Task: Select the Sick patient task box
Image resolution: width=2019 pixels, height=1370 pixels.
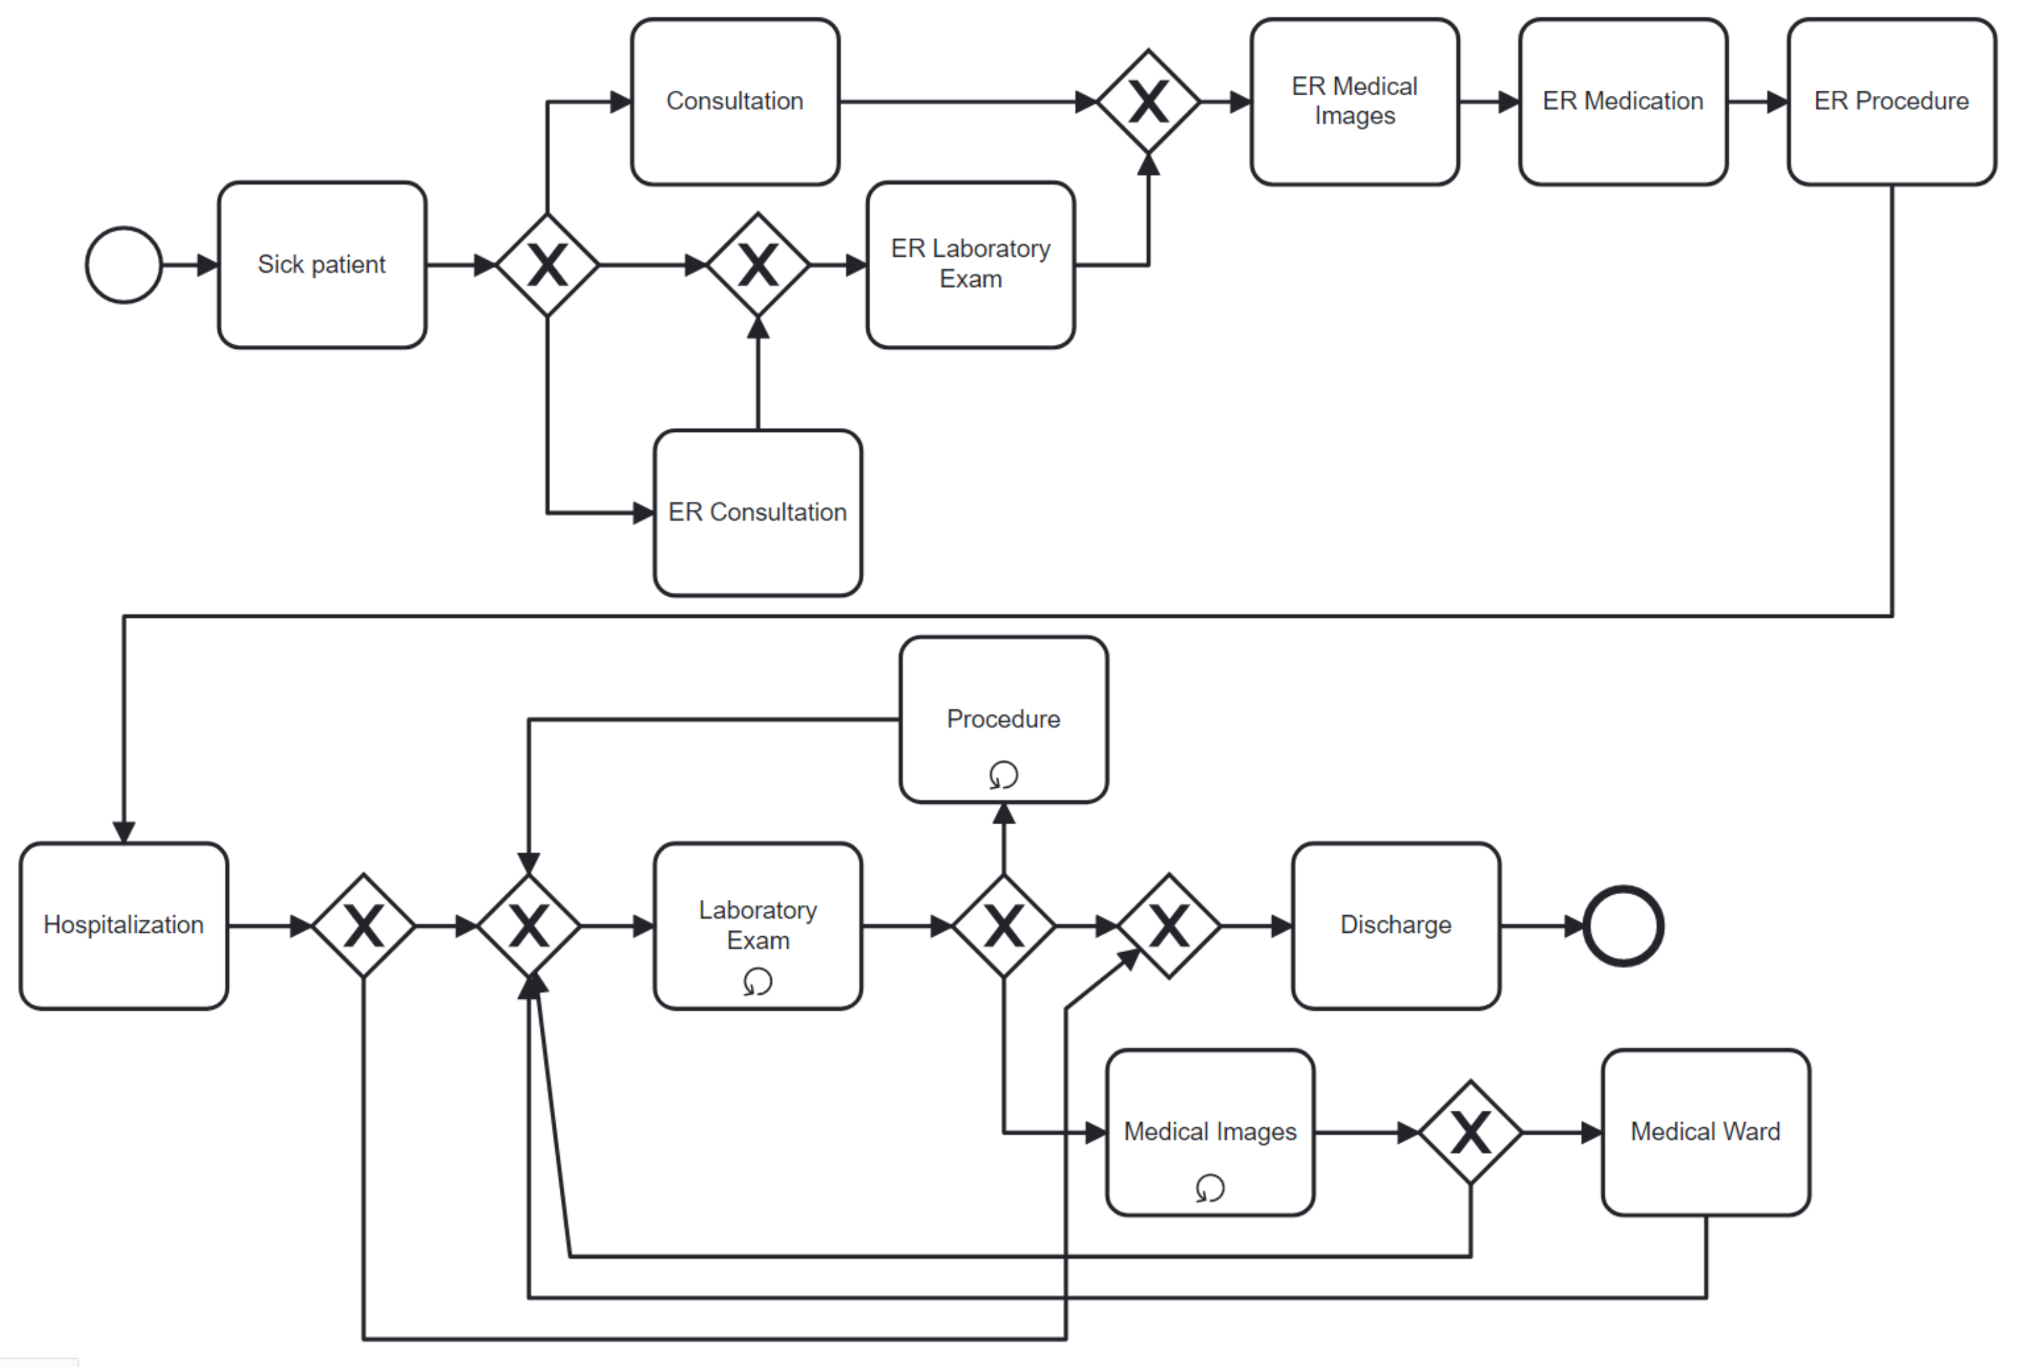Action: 322,265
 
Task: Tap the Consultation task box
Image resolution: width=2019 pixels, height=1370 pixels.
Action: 735,102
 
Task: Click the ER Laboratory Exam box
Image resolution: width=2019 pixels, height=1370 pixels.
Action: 971,265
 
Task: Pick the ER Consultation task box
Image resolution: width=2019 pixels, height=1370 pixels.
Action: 758,512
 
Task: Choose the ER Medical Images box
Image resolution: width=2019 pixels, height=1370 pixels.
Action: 1355,102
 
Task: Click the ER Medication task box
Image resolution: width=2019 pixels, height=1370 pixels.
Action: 1623,102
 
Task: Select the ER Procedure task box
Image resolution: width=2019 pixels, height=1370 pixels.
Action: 1891,102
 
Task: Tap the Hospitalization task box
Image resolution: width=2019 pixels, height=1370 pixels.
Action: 124,925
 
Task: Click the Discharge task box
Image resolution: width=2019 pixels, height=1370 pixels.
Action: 1396,925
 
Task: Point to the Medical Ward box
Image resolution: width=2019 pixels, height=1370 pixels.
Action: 1705,1132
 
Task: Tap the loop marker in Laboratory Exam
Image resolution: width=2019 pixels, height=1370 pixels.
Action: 758,981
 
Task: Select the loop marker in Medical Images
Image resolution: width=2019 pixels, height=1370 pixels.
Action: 1210,1187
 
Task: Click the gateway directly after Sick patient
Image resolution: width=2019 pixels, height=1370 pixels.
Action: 548,265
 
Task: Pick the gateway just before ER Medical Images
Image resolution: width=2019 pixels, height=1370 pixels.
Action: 1149,102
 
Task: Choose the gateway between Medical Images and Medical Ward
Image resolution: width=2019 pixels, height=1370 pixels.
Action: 1470,1133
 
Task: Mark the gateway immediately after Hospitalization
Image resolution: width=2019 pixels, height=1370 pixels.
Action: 363,926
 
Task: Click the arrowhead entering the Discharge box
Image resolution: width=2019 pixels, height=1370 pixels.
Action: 1282,926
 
